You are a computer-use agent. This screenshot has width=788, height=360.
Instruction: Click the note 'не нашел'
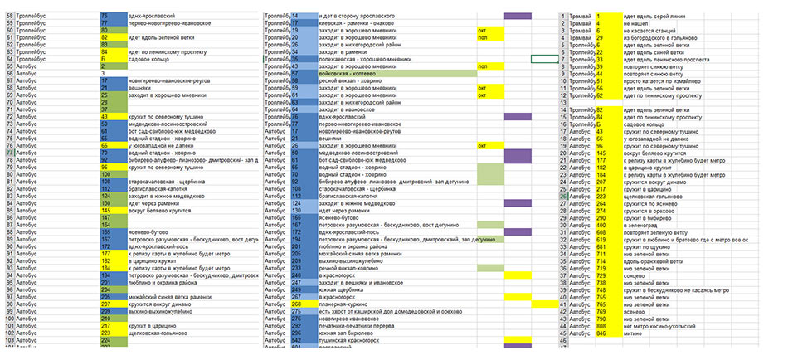[x=636, y=24]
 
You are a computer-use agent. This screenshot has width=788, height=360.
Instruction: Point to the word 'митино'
[x=634, y=333]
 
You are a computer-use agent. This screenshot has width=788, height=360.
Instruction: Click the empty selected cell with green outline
[x=544, y=59]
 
